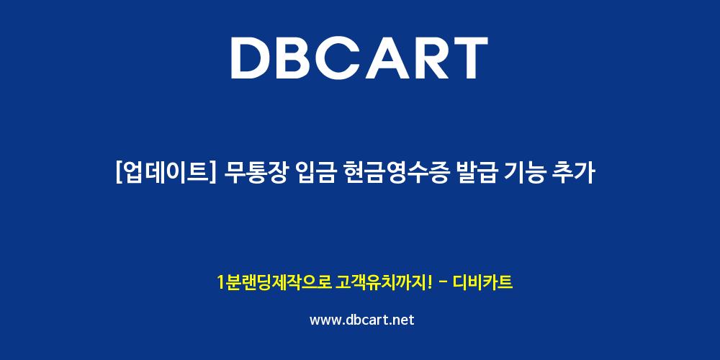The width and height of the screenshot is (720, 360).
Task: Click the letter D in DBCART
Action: pyautogui.click(x=251, y=58)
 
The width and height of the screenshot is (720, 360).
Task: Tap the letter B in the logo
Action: pyautogui.click(x=299, y=58)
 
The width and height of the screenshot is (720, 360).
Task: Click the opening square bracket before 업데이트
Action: pyautogui.click(x=120, y=174)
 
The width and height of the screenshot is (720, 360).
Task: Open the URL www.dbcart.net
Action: pyautogui.click(x=362, y=320)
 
